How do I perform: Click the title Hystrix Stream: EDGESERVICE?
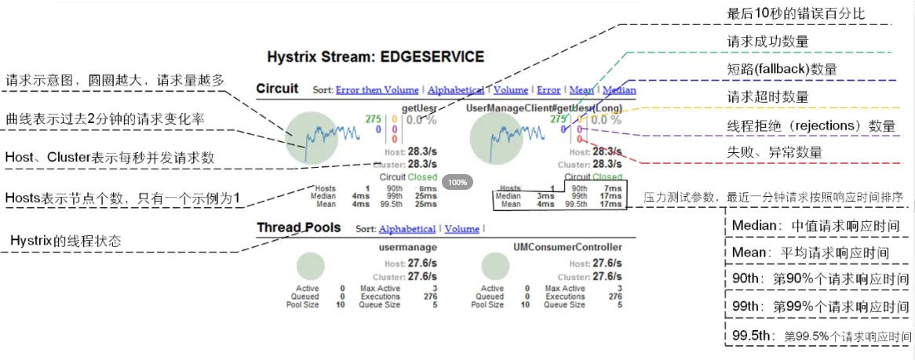click(x=375, y=57)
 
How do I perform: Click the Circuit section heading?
click(x=277, y=89)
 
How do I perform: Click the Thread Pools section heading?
click(x=298, y=227)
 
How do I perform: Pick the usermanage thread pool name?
click(x=403, y=247)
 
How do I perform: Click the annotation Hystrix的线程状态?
click(x=66, y=241)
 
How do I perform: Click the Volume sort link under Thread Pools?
click(x=461, y=229)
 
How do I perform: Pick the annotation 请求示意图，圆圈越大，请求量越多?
click(x=115, y=80)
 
